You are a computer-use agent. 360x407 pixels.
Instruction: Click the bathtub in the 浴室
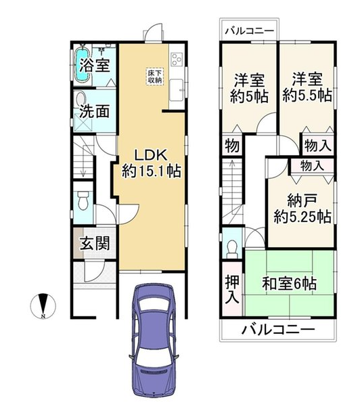pyautogui.click(x=83, y=64)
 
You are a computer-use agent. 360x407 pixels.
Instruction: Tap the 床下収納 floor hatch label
pyautogui.click(x=155, y=77)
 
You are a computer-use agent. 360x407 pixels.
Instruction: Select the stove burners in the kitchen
pyautogui.click(x=177, y=60)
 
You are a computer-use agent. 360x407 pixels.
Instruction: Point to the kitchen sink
pyautogui.click(x=177, y=90)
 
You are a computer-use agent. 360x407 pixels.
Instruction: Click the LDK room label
pyautogui.click(x=152, y=163)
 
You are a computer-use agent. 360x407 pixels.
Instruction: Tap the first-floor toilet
pyautogui.click(x=83, y=200)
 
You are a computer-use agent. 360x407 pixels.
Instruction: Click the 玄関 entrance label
pyautogui.click(x=95, y=243)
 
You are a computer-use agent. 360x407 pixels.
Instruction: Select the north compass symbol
pyautogui.click(x=43, y=306)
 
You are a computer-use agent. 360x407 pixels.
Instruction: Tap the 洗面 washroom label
pyautogui.click(x=94, y=112)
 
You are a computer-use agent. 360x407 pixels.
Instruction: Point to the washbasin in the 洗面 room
pyautogui.click(x=81, y=98)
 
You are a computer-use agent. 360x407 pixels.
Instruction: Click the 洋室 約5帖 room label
pyautogui.click(x=249, y=88)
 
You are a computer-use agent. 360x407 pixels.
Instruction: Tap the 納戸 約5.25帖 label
pyautogui.click(x=302, y=209)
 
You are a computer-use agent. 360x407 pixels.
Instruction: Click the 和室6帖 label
pyautogui.click(x=289, y=283)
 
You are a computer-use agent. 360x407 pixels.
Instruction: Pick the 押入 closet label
pyautogui.click(x=232, y=289)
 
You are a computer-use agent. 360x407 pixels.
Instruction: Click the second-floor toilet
pyautogui.click(x=232, y=249)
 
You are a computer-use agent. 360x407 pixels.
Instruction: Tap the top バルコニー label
pyautogui.click(x=250, y=31)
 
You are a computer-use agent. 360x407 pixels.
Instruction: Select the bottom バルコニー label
pyautogui.click(x=279, y=330)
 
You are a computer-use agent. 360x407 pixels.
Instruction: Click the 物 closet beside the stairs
pyautogui.click(x=232, y=146)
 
